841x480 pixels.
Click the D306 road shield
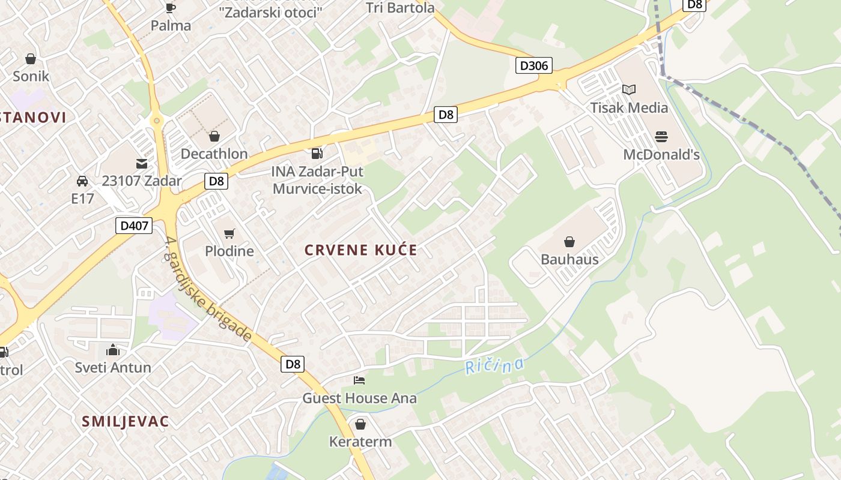[x=533, y=65]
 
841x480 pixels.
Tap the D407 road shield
[x=133, y=226]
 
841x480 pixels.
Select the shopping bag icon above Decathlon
[x=214, y=137]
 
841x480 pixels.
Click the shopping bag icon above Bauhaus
[x=569, y=242]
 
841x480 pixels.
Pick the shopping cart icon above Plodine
[x=229, y=234]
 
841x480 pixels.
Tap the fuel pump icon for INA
[x=317, y=154]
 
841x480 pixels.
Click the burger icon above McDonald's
[x=661, y=137]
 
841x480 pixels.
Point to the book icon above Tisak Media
[x=629, y=90]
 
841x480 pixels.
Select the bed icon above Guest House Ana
[x=359, y=380]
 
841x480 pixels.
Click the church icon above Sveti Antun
[x=113, y=350]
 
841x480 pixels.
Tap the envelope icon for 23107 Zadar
[x=142, y=163]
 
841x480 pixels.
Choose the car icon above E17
[x=82, y=181]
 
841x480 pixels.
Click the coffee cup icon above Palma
[x=171, y=8]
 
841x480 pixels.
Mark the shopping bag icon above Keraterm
[x=360, y=425]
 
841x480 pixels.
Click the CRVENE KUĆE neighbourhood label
[x=360, y=250]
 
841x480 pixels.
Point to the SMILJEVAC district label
[x=126, y=421]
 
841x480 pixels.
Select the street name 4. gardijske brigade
[x=207, y=288]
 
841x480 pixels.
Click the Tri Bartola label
[x=400, y=8]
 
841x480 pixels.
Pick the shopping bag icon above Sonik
[x=31, y=59]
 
